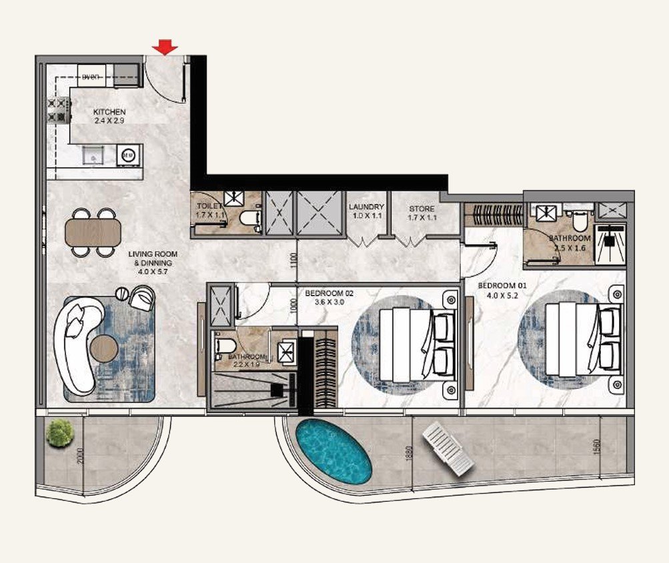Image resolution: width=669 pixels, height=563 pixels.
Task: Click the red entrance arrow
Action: click(x=165, y=47)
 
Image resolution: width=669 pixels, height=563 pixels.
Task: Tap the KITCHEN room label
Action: click(x=109, y=111)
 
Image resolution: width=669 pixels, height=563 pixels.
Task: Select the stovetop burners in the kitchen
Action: click(x=58, y=111)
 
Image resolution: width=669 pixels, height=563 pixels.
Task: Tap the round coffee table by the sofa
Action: click(x=105, y=347)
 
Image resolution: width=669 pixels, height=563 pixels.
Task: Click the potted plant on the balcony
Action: click(x=59, y=432)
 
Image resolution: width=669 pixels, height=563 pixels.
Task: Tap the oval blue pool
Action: click(x=333, y=452)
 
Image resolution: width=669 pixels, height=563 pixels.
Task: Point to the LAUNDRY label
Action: click(x=366, y=207)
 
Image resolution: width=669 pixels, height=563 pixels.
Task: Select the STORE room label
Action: click(x=422, y=209)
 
